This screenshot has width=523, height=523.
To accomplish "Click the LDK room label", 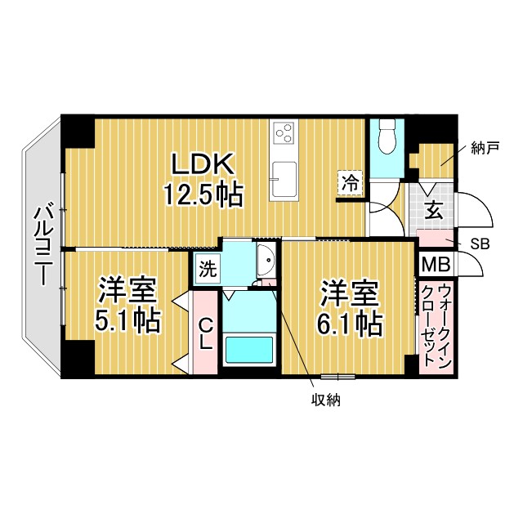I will click(x=203, y=163).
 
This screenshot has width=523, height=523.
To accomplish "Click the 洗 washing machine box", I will click(x=207, y=267).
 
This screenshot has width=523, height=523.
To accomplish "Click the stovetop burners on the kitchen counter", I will click(x=284, y=132).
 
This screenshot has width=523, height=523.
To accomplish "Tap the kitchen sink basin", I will click(x=284, y=179).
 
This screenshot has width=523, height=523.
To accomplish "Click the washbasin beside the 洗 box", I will click(x=265, y=260).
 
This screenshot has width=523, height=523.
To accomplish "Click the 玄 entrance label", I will click(x=433, y=211).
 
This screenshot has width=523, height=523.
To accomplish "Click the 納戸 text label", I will click(x=485, y=148).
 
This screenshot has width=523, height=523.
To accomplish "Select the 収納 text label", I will click(x=325, y=400).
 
